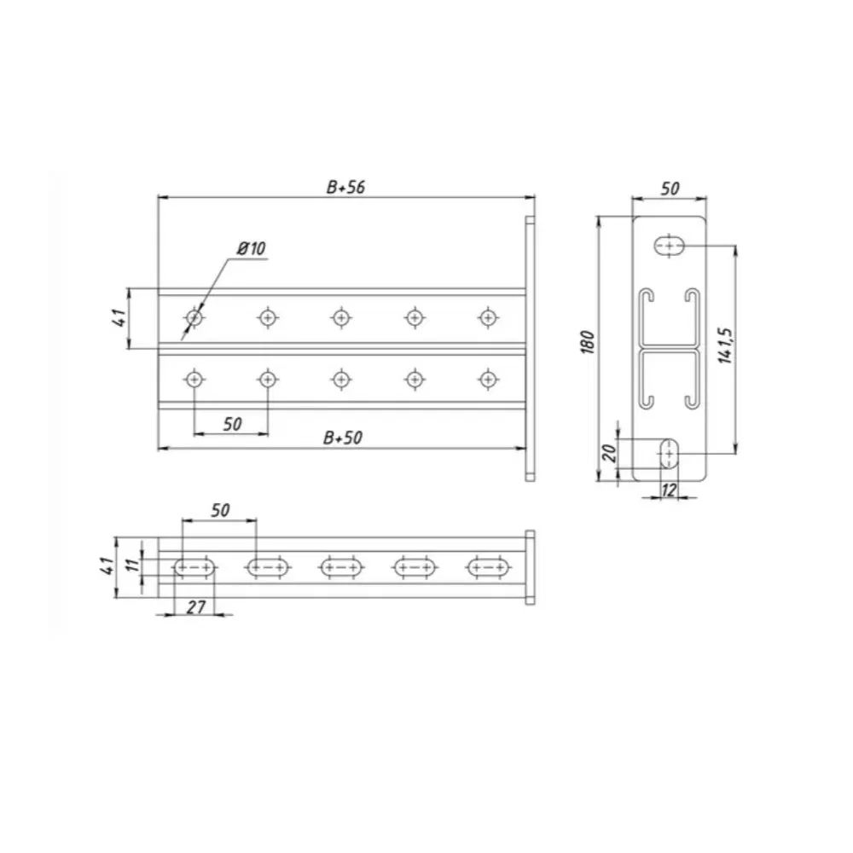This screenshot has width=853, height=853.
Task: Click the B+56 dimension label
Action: (345, 187)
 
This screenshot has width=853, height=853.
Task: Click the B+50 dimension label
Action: (343, 438)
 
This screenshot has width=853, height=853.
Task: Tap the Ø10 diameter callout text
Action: (252, 248)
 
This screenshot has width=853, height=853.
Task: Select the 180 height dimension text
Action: (588, 342)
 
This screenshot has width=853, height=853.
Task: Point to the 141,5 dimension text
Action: (726, 345)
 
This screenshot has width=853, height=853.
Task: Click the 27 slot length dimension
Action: (196, 607)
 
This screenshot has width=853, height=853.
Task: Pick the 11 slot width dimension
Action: (132, 564)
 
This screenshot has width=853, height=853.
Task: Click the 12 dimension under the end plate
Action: (669, 490)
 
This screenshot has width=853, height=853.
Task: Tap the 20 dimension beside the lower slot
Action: (610, 453)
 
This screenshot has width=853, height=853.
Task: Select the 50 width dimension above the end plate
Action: (670, 189)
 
